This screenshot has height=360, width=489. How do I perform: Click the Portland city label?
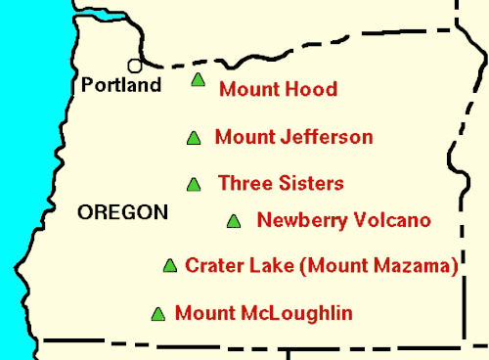(121, 85)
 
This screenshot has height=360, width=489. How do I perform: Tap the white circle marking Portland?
(135, 66)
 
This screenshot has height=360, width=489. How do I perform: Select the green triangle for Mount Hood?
(199, 81)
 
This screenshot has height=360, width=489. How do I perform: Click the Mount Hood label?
(278, 89)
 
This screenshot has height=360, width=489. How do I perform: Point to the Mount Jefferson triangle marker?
(193, 139)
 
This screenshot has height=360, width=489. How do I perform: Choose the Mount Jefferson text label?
(293, 137)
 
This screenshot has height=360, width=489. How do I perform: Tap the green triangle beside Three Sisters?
(194, 184)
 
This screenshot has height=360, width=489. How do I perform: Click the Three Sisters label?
(281, 183)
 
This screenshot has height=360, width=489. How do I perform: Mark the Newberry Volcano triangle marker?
(233, 221)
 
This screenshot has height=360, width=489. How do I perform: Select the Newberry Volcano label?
(343, 220)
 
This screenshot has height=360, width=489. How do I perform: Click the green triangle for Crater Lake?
(169, 265)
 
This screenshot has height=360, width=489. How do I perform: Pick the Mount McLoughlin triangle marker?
(157, 314)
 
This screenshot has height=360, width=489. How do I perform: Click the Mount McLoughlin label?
(263, 313)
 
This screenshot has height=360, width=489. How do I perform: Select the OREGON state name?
(122, 212)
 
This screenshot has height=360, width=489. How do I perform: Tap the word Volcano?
(396, 220)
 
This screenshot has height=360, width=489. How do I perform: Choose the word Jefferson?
(328, 137)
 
